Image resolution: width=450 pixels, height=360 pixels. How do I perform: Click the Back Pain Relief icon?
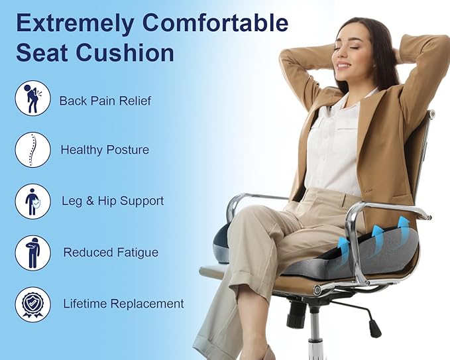pyautogui.click(x=32, y=99)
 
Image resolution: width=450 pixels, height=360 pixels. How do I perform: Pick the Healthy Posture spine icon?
pyautogui.click(x=32, y=150)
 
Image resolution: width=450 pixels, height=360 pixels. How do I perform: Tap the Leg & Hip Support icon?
pyautogui.click(x=32, y=201)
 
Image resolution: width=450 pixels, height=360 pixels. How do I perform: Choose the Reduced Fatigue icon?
pyautogui.click(x=32, y=253)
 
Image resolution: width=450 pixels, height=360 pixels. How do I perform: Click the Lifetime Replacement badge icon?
pyautogui.click(x=32, y=304)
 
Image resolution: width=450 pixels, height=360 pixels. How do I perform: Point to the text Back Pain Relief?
pyautogui.click(x=105, y=101)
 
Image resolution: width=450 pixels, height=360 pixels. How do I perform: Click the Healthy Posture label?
pyautogui.click(x=105, y=150)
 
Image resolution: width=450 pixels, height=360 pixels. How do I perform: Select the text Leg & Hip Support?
pyautogui.click(x=112, y=201)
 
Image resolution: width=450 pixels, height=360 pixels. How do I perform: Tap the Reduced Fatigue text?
pyautogui.click(x=111, y=253)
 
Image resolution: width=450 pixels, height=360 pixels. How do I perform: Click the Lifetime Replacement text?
pyautogui.click(x=123, y=304)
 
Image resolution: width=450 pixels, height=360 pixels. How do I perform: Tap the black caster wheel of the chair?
pyautogui.click(x=374, y=328)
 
